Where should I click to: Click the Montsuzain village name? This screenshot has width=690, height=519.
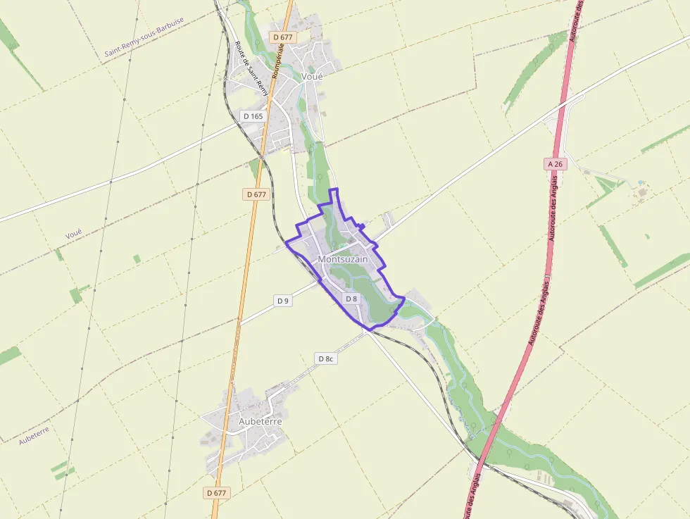point(343,259)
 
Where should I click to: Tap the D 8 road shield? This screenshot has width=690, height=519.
point(351,299)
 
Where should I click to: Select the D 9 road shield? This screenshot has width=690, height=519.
point(283,301)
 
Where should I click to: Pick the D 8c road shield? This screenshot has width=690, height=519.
point(325,358)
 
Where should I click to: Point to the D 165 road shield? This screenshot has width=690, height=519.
point(252,115)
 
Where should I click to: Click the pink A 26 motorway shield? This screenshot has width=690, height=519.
point(556,163)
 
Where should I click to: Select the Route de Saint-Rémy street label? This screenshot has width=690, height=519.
point(251,68)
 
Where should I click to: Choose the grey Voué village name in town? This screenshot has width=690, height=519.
point(311,76)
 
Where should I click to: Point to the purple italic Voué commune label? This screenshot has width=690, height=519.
point(73,233)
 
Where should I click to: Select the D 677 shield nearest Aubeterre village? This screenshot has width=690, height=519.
point(218,493)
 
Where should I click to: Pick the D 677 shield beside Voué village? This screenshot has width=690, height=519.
point(284,37)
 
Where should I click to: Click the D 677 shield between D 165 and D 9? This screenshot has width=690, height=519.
point(257,194)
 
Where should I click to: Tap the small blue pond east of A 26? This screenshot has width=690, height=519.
point(640,182)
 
